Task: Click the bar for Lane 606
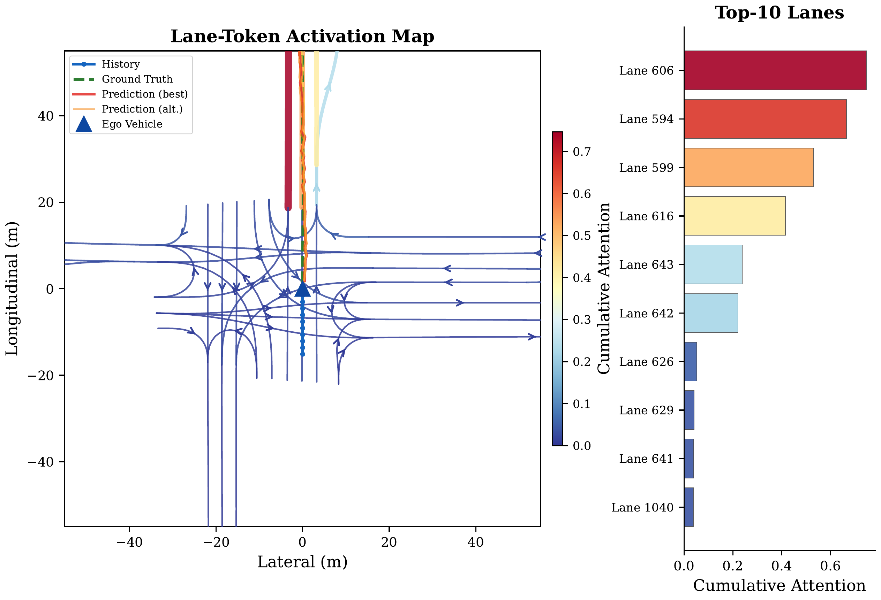pos(775,70)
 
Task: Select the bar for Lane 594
pos(765,118)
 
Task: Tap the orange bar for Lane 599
pos(748,168)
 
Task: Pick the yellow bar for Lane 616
pos(734,216)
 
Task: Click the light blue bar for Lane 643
pos(713,264)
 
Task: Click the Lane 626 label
pos(646,362)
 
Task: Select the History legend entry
pos(121,64)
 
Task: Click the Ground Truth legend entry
pos(137,79)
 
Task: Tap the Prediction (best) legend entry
pos(144,94)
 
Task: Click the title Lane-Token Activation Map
pos(302,36)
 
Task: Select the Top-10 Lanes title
pos(779,13)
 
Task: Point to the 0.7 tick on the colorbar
pos(581,152)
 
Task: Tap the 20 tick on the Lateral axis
pos(389,542)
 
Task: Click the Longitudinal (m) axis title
pos(12,289)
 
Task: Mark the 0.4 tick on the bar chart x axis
pos(781,566)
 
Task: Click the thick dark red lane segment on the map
pos(288,129)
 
